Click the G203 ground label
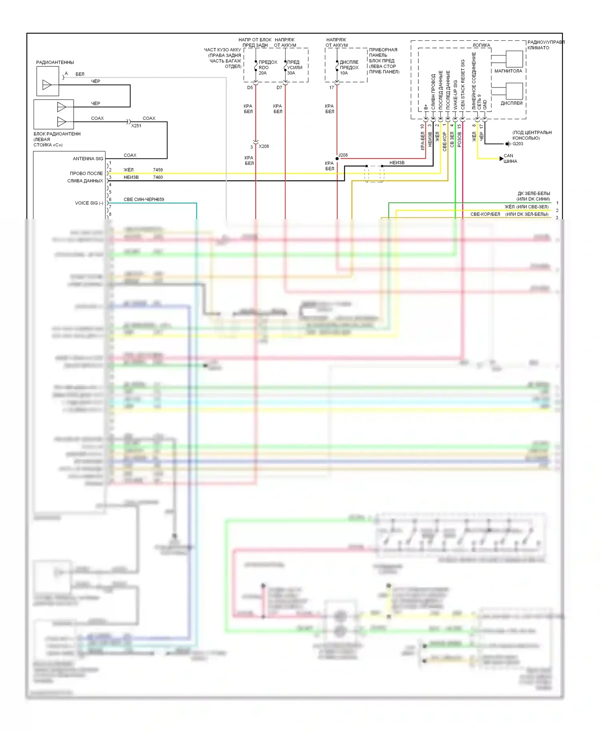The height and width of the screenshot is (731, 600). coord(518,144)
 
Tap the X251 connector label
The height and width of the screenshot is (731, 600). coord(136,126)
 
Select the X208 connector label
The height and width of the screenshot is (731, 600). coord(264,146)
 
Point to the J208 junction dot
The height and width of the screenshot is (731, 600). coord(337,158)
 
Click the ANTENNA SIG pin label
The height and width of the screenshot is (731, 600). coord(88,159)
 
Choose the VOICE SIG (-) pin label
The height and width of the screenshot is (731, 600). coord(89,203)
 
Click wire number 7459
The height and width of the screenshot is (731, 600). coord(158,170)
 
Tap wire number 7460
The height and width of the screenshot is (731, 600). coord(158,177)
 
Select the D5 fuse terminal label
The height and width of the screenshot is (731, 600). coord(250,88)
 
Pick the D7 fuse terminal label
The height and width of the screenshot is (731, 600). coord(279,88)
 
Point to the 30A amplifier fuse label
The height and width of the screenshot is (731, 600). coord(291,73)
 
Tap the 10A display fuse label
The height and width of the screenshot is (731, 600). coord(344,73)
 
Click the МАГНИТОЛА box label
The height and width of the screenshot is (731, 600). coord(508,71)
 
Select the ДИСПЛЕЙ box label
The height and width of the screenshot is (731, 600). coord(512,103)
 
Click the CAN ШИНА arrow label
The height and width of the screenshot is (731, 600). coord(510,158)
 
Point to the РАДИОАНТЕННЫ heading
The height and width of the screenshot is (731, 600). coord(55,62)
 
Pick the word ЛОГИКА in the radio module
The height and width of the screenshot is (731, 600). coord(481,45)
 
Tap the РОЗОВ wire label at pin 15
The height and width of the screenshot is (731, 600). coord(459,140)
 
